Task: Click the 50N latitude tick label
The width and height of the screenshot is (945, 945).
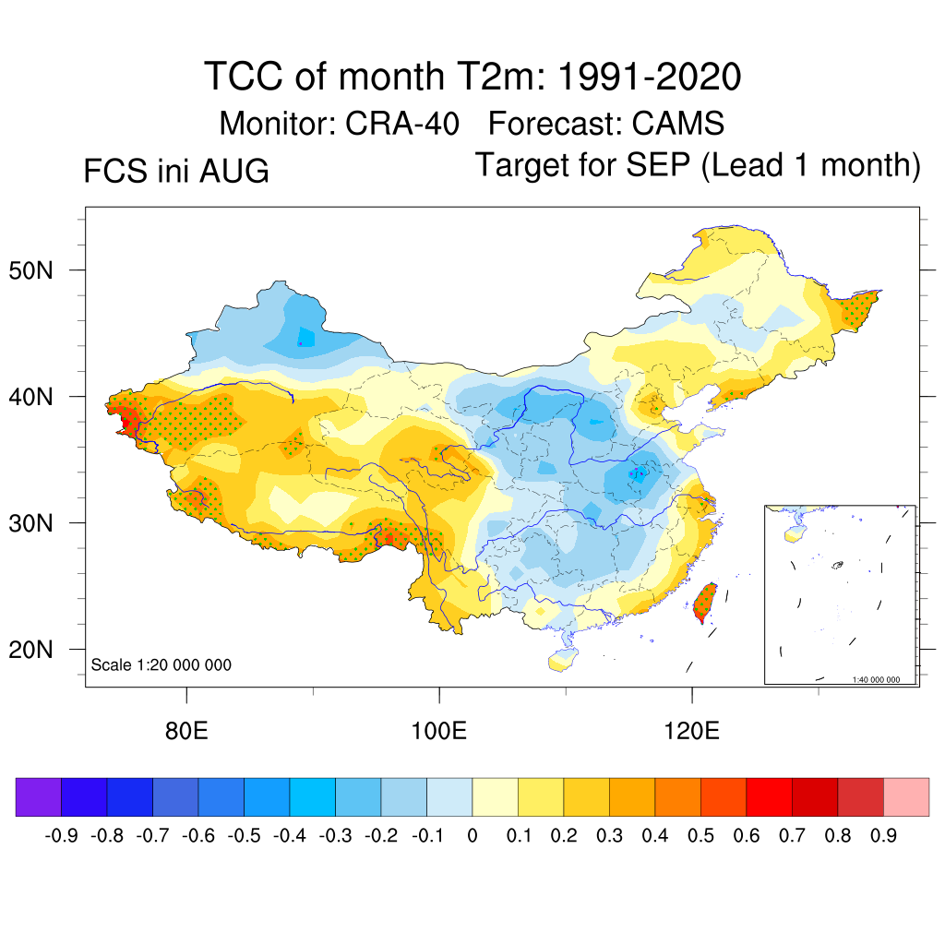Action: tap(30, 270)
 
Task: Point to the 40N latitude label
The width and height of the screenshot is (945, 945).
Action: tap(30, 397)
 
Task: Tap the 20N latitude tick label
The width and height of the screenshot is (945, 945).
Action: tap(30, 650)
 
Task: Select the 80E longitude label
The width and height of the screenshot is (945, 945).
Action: tap(186, 731)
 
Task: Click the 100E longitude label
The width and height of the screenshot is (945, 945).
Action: tap(438, 731)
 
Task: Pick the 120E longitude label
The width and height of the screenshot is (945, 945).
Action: tap(691, 731)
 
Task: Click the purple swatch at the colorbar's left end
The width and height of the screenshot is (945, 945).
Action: tap(39, 796)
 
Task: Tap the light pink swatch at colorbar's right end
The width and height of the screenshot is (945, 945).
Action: tap(906, 796)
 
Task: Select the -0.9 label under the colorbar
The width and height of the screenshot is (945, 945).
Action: tap(62, 836)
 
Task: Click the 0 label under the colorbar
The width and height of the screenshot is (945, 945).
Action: tap(472, 836)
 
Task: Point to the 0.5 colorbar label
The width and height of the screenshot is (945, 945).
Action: tap(701, 836)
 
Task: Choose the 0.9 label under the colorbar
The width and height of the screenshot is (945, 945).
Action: tap(883, 836)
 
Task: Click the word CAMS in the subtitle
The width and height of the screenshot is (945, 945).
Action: tap(678, 124)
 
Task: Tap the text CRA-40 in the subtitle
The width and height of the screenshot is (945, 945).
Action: tap(402, 124)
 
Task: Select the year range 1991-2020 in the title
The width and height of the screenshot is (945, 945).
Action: tap(650, 77)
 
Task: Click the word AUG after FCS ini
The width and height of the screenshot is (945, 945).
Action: tap(234, 171)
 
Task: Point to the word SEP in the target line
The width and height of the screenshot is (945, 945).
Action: tap(658, 164)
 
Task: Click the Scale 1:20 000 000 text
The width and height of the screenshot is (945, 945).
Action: tap(161, 664)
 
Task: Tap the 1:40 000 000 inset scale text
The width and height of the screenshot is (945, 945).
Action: tap(876, 680)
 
